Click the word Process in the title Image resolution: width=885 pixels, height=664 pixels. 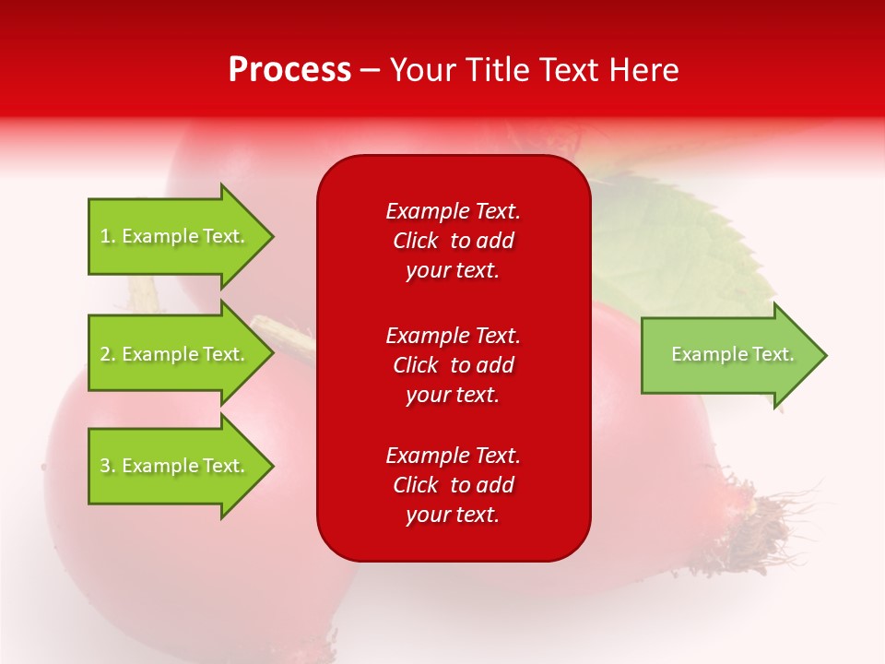coord(289,70)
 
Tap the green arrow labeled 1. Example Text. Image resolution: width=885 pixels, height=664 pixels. coord(175,236)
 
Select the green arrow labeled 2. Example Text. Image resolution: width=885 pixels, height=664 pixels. coord(175,354)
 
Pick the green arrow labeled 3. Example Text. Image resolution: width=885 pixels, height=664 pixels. coord(175,466)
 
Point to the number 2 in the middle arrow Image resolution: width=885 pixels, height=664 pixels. coord(106,354)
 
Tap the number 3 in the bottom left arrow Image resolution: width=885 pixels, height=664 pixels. coord(106,466)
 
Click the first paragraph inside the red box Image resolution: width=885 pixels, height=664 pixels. coord(453,241)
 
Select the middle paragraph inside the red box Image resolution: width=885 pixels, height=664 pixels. coord(453,365)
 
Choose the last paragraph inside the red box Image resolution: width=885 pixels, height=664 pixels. coord(453,485)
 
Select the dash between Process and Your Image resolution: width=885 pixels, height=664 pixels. coord(371,70)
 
